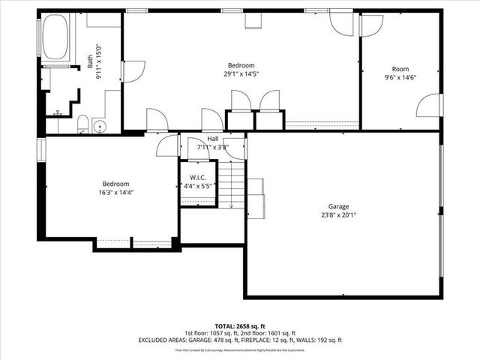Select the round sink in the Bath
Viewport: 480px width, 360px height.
point(101,125)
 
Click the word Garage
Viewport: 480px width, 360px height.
point(338,206)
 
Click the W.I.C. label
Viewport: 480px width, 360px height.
point(198,178)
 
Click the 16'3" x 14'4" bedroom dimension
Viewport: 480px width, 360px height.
point(116,192)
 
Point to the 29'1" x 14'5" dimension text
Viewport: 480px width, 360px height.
point(241,73)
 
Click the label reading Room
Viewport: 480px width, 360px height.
point(400,69)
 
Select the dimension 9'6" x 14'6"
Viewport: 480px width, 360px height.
point(400,76)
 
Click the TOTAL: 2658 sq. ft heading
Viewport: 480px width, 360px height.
point(240,325)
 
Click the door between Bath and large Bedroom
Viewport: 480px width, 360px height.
point(128,72)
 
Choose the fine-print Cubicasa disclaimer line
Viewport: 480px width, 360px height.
point(240,349)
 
